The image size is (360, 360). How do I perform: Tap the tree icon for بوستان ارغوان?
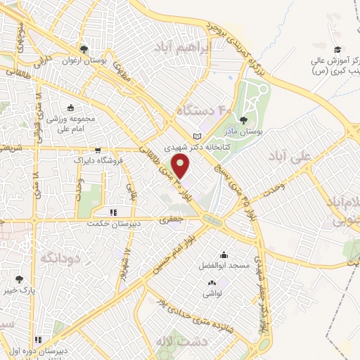click(84, 49)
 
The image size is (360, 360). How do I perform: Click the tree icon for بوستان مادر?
click(243, 120)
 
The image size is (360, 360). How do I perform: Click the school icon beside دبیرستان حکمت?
click(112, 212)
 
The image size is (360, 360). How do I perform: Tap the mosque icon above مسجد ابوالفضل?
click(224, 255)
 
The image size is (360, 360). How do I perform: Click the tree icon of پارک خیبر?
click(18, 279)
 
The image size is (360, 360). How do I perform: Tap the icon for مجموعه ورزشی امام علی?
click(71, 108)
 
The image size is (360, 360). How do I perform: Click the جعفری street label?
click(172, 220)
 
